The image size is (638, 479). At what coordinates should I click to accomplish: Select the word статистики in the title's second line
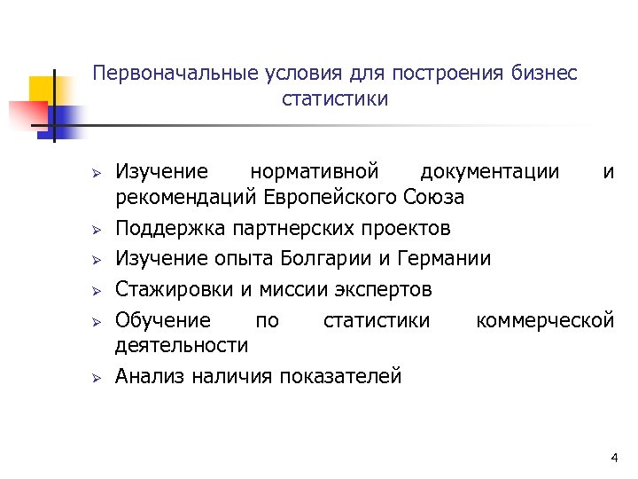click(335, 98)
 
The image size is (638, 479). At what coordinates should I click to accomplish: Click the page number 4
click(614, 458)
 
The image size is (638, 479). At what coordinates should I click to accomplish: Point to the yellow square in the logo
click(42, 90)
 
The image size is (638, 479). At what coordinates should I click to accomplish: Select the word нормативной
click(315, 170)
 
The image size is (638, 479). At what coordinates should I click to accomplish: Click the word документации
click(490, 170)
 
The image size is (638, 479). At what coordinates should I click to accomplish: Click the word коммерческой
click(545, 319)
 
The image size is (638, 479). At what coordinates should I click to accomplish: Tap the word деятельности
click(182, 344)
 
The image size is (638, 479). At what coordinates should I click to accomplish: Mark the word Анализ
click(148, 376)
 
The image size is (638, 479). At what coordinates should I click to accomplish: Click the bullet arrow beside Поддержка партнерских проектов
click(99, 230)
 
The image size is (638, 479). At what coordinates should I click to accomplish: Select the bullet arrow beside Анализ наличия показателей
click(99, 377)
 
